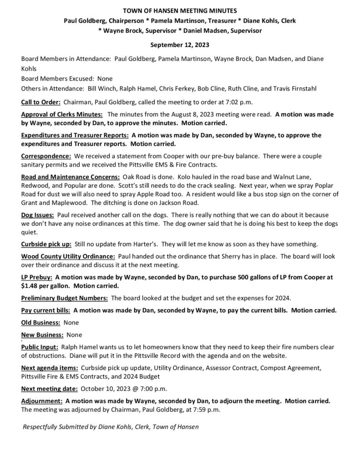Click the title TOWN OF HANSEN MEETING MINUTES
click(x=180, y=10)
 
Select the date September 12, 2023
click(x=180, y=46)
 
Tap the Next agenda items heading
click(x=50, y=368)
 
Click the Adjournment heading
click(x=41, y=401)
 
